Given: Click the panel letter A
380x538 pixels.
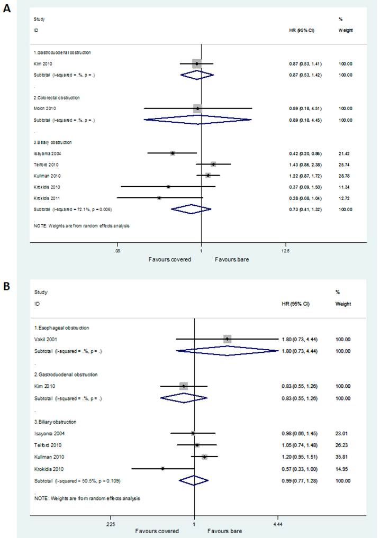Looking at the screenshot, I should point(7,8).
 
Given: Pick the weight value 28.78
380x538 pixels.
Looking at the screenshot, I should point(345,175).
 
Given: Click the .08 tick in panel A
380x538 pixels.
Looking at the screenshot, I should point(117,250).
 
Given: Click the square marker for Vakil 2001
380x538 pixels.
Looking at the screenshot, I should point(227,339).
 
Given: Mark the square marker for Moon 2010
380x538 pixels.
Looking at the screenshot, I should point(197,108).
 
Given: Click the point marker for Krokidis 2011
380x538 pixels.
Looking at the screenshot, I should point(159,198).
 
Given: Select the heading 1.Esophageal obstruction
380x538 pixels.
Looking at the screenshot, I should point(61,328).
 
